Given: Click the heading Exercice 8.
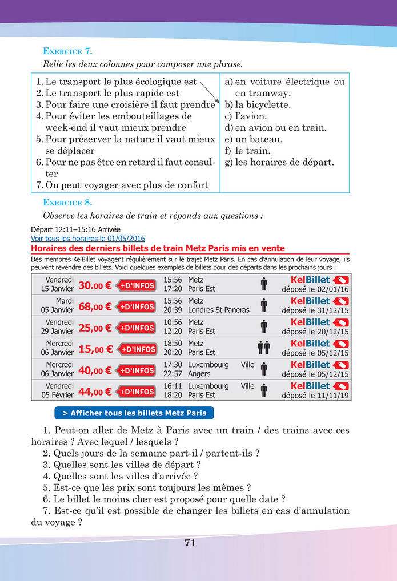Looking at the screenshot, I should pyautogui.click(x=68, y=203).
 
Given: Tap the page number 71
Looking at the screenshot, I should pyautogui.click(x=190, y=543).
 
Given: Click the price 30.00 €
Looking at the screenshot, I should pyautogui.click(x=95, y=285).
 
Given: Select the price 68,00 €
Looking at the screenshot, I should pyautogui.click(x=95, y=306).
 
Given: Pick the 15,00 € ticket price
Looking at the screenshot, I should pyautogui.click(x=95, y=349).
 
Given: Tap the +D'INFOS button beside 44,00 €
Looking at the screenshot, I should pyautogui.click(x=136, y=392).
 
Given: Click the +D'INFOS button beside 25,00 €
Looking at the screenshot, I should pyautogui.click(x=136, y=328).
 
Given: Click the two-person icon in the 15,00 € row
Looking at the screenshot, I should pyautogui.click(x=263, y=347).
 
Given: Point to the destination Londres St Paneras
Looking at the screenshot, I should pyautogui.click(x=218, y=310).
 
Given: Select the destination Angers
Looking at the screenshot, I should pyautogui.click(x=199, y=374).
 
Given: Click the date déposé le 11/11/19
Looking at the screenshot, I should pyautogui.click(x=315, y=395).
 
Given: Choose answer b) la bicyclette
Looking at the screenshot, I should pyautogui.click(x=258, y=105).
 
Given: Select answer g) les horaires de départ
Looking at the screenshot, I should pyautogui.click(x=279, y=162).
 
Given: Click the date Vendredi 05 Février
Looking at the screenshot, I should pyautogui.click(x=57, y=390).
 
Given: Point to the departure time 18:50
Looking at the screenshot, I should pyautogui.click(x=173, y=344).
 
